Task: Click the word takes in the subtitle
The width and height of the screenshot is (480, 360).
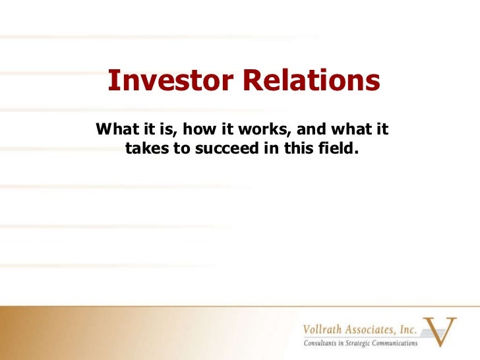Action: click(x=146, y=148)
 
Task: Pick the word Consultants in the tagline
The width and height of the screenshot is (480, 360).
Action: click(x=321, y=344)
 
